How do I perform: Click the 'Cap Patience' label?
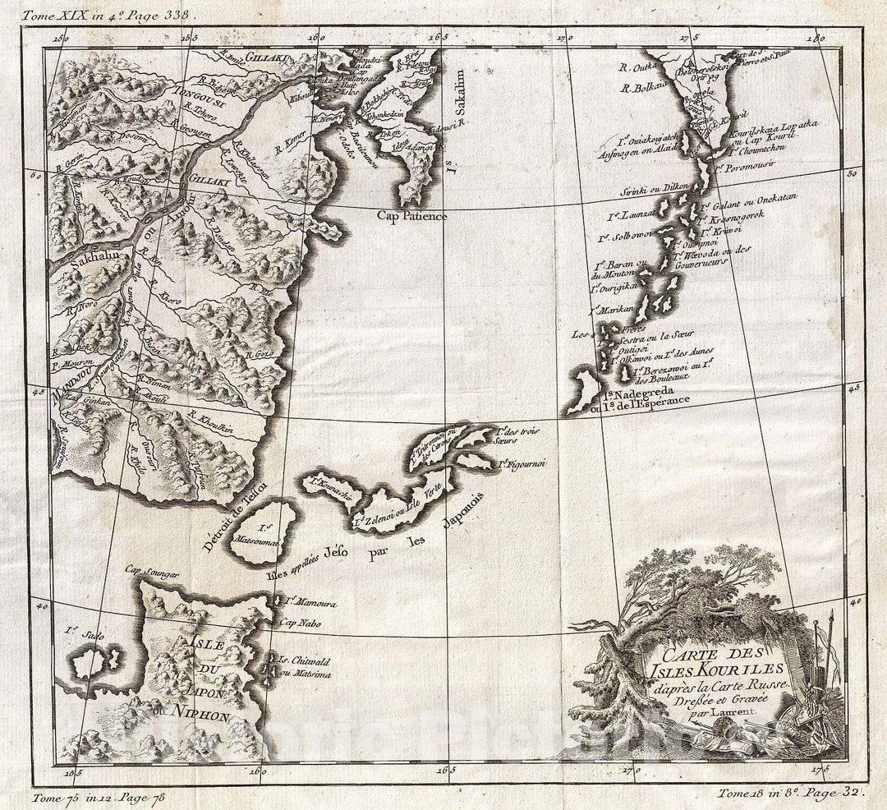[x=412, y=216]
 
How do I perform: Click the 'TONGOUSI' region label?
[x=200, y=92]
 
